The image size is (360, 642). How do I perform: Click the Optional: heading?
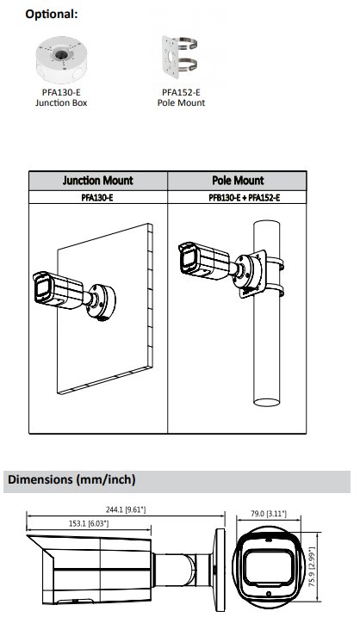pos(51,14)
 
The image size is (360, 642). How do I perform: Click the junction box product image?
pos(61,59)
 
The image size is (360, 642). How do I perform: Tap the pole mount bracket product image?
pos(179,57)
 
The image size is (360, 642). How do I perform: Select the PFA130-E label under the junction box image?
pos(61,93)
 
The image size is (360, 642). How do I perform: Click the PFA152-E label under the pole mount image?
pos(181,93)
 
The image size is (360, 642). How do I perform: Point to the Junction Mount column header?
pos(98,181)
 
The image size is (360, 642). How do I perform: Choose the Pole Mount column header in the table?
pos(238,181)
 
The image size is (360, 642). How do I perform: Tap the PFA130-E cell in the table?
pos(97,198)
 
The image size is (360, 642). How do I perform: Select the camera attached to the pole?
pos(221,265)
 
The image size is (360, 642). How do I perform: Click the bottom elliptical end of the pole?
pos(267,402)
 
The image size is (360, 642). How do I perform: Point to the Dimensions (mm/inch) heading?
pos(71,479)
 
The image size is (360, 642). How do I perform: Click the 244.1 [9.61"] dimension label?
pos(126,509)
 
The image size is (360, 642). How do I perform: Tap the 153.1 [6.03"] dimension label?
pos(89,523)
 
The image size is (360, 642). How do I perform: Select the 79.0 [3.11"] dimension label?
pos(268,514)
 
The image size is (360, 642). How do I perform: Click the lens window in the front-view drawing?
pos(269,566)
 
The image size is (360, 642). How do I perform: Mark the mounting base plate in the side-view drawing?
pos(220,566)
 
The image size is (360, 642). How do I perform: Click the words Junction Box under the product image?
pos(61,102)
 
